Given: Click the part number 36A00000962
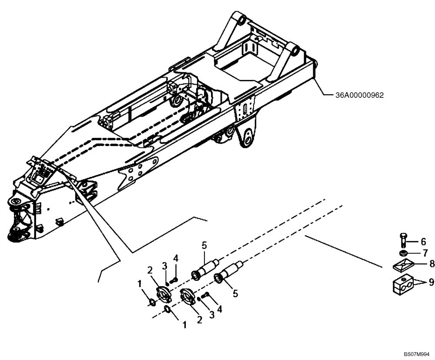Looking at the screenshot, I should (x=359, y=94).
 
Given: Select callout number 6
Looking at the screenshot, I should (x=423, y=241).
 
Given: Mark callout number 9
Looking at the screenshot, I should (x=431, y=282).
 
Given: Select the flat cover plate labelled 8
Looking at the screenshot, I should (x=402, y=263).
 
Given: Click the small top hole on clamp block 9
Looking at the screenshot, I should (x=403, y=277).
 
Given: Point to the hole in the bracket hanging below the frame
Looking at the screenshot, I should (x=248, y=140).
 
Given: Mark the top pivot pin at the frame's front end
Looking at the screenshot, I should (x=17, y=203).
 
